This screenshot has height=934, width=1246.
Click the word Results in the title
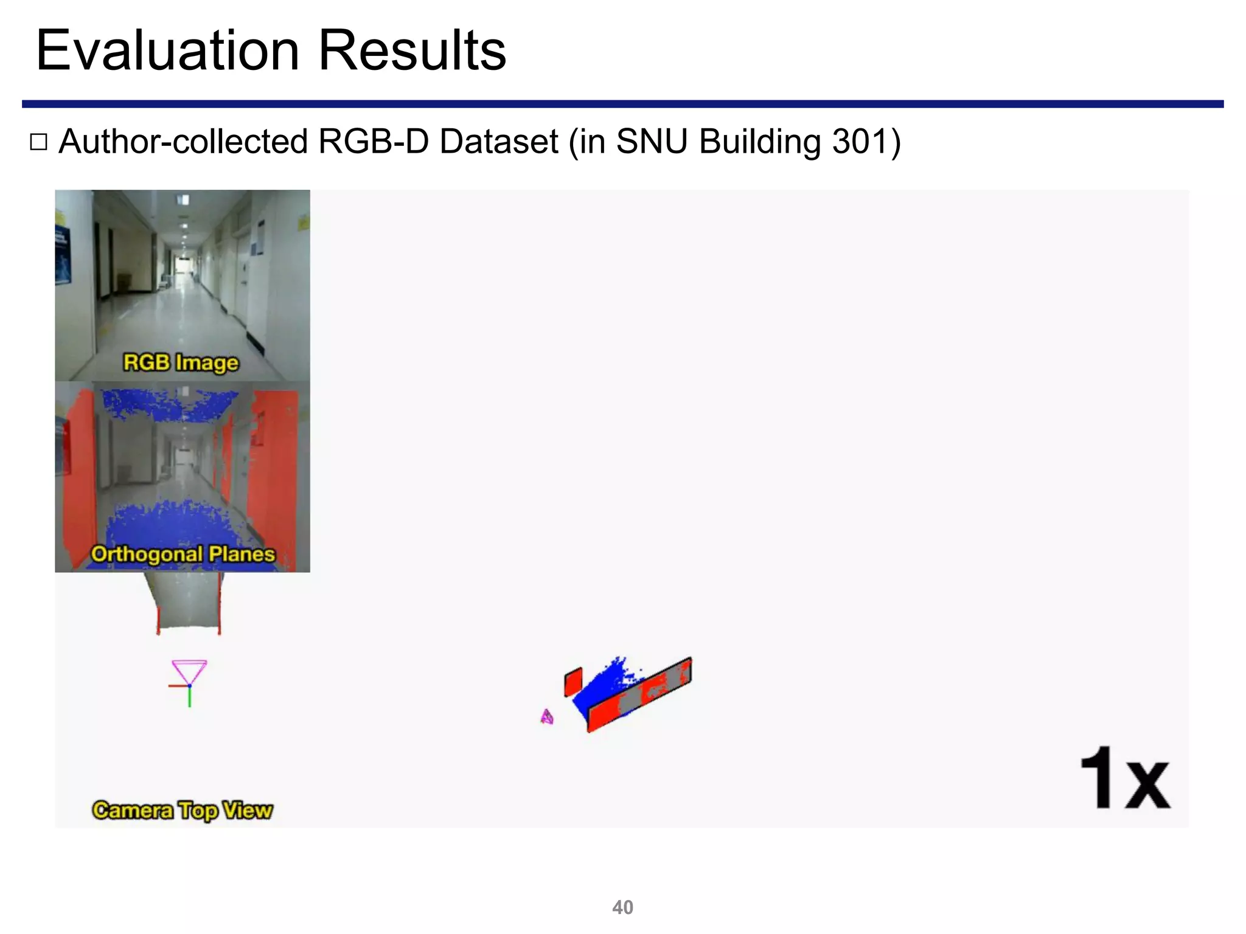(x=412, y=50)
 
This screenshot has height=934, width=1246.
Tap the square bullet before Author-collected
(x=38, y=142)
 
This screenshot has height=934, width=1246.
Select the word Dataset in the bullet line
(x=498, y=142)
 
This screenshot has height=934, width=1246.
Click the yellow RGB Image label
(x=181, y=362)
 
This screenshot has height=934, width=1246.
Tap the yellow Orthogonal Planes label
(x=183, y=554)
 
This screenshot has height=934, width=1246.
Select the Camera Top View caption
(x=183, y=811)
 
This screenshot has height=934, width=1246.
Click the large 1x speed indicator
(x=1124, y=780)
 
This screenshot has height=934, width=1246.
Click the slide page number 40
(x=622, y=907)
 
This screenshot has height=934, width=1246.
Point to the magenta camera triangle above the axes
(x=189, y=671)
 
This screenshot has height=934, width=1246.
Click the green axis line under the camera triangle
(x=189, y=697)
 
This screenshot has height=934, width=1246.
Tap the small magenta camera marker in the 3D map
(x=547, y=718)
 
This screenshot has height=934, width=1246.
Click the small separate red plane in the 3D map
(x=573, y=682)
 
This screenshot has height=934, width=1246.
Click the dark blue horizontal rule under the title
(x=622, y=104)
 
